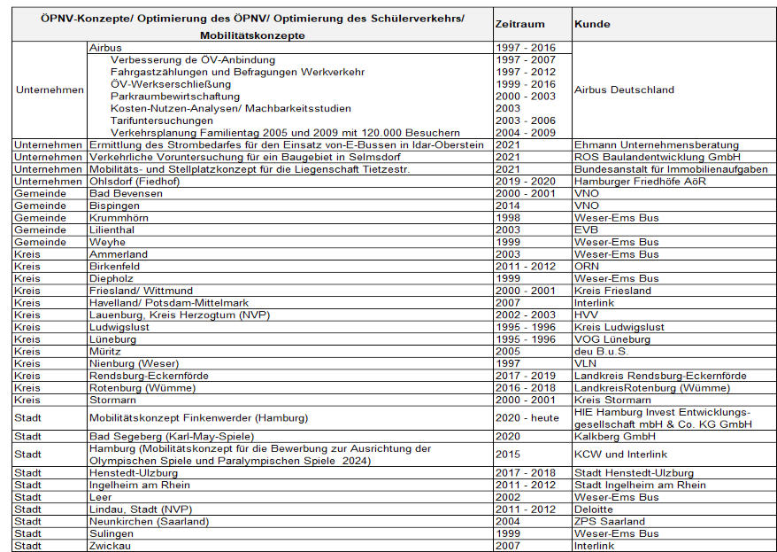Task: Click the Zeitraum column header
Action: (521, 24)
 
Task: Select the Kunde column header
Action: (591, 24)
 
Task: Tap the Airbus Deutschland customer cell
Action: (624, 89)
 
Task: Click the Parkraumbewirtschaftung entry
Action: (174, 96)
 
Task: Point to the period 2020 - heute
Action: (527, 418)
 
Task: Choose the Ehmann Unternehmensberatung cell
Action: (656, 144)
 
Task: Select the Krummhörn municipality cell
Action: (119, 217)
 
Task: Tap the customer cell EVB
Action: (586, 229)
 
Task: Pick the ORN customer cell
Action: (587, 266)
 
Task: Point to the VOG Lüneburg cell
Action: (614, 338)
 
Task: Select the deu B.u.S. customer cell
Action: (604, 351)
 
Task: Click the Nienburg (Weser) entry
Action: (132, 363)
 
